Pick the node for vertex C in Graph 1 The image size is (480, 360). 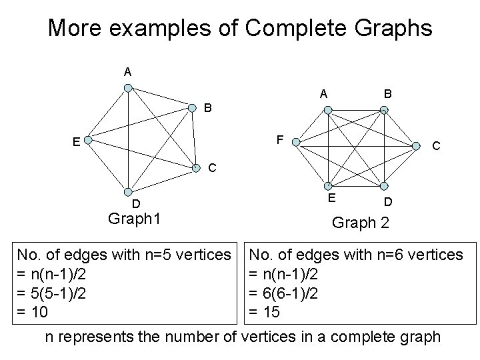coord(195,167)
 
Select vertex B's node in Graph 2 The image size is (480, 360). coord(384,110)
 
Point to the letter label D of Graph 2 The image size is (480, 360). coord(387,200)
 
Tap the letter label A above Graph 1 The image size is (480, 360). coord(127,71)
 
